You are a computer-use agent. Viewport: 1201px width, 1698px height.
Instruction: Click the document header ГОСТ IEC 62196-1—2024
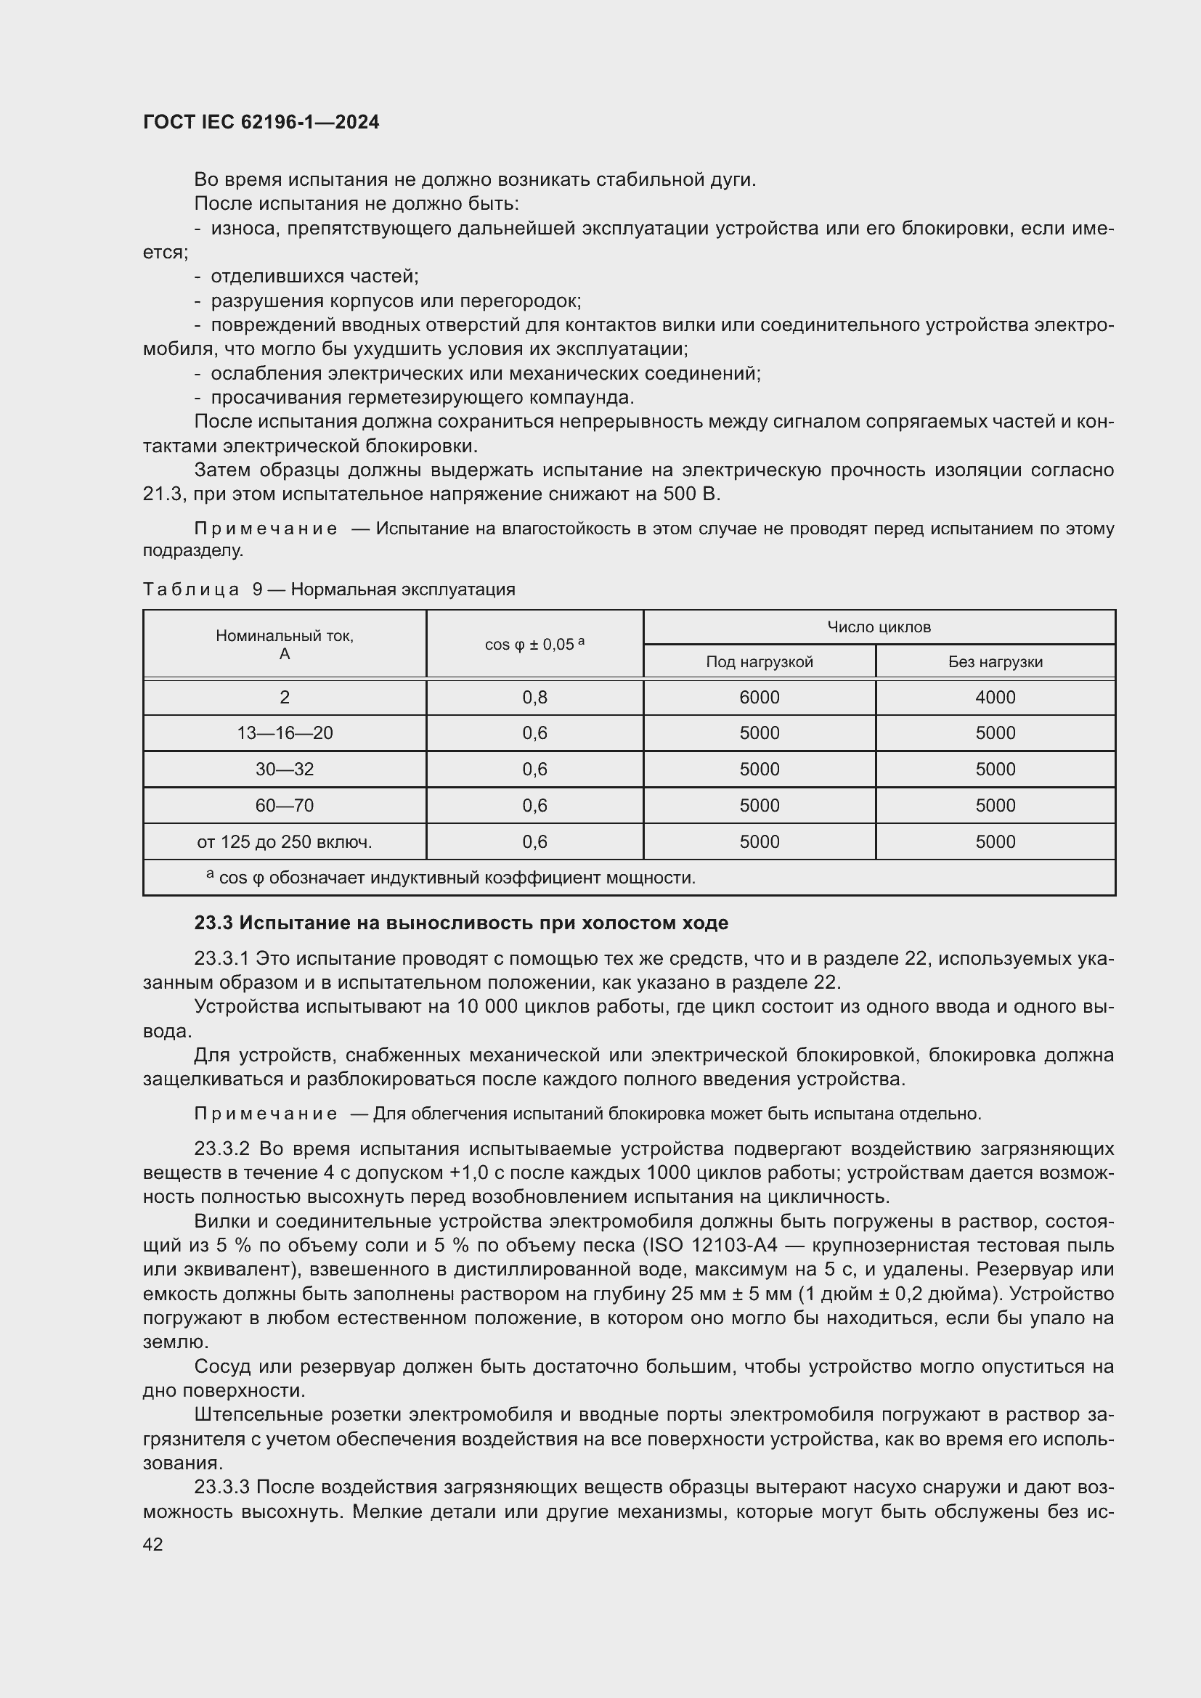[x=261, y=122]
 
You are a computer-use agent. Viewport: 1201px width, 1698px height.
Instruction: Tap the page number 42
[x=153, y=1543]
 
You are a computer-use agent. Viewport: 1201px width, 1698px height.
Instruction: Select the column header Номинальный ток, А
[x=285, y=644]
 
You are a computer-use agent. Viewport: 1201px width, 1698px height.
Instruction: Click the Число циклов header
[x=879, y=627]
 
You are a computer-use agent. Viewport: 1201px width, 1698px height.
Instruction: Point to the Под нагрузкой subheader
[x=760, y=662]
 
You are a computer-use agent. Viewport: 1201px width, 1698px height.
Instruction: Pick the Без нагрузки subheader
[x=996, y=662]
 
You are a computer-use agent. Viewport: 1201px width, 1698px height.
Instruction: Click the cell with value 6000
[x=760, y=698]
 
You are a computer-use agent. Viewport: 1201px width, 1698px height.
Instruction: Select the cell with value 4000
[x=996, y=698]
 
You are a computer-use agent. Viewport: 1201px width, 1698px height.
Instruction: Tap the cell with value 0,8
[x=534, y=698]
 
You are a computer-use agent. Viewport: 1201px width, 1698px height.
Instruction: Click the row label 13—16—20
[x=285, y=733]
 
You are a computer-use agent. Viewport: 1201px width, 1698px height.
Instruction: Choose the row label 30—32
[x=285, y=769]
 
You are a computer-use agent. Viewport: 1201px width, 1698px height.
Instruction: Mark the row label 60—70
[x=285, y=805]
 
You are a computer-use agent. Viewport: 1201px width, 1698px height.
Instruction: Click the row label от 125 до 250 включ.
[x=285, y=841]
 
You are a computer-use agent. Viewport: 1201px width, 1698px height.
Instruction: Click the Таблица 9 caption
[x=328, y=589]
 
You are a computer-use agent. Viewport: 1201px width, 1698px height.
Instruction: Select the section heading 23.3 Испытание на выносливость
[x=461, y=923]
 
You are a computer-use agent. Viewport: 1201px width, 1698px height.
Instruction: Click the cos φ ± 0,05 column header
[x=534, y=644]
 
